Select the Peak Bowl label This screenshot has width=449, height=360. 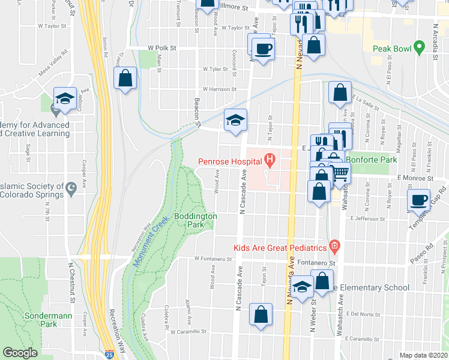(390, 49)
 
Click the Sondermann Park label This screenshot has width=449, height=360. (41, 320)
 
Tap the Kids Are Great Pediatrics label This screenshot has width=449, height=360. (280, 247)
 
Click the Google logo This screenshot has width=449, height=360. (20, 353)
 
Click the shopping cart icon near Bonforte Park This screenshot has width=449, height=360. (340, 173)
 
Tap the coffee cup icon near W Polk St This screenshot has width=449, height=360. (262, 47)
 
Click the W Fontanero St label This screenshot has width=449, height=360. (212, 259)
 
